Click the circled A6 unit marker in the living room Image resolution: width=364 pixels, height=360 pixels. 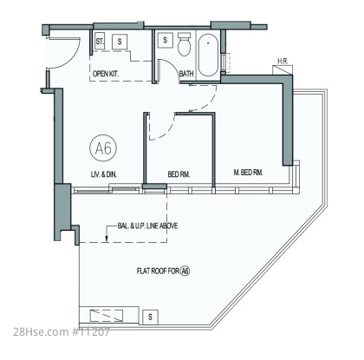103,148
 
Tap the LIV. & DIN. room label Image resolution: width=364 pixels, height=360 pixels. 104,174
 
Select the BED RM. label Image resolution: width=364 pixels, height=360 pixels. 179,174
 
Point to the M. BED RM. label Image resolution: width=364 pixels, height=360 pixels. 248,173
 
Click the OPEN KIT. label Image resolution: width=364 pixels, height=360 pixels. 106,74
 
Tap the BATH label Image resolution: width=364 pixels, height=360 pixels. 186,74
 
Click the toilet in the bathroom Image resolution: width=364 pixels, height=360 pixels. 184,44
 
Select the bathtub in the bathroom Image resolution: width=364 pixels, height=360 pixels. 208,56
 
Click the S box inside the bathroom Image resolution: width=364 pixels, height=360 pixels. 166,40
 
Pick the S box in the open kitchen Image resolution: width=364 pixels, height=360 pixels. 120,42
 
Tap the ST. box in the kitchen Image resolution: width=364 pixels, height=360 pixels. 100,41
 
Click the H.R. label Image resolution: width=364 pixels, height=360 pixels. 283,62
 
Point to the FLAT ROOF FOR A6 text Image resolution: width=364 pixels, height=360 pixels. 163,272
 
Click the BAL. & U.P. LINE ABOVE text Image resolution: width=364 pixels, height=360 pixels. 147,226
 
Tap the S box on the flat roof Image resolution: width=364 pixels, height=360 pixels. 150,317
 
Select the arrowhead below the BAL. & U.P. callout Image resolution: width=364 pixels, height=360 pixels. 107,239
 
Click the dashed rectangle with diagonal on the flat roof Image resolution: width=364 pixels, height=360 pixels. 107,316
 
